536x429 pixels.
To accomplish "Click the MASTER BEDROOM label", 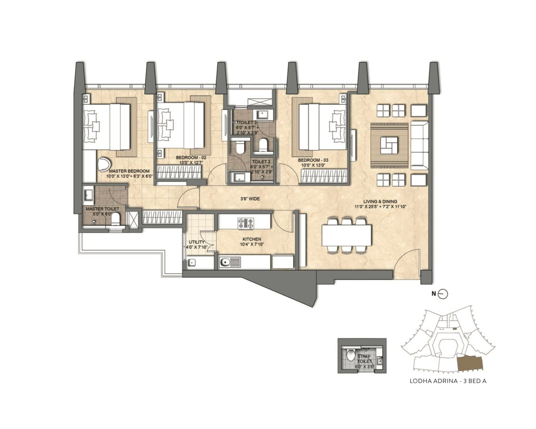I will [129, 171].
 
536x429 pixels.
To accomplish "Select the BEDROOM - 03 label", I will [313, 160].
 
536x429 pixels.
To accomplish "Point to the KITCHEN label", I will [252, 239].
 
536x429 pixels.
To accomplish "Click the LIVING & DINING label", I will [380, 202].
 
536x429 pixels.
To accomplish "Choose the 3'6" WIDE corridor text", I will [250, 199].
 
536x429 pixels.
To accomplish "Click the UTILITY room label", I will [197, 242].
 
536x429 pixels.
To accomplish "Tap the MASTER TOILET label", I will [102, 209].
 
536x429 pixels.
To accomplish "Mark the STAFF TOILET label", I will [364, 359].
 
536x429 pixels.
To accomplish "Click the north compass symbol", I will [443, 294].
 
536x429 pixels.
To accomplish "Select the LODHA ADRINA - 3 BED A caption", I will [448, 381].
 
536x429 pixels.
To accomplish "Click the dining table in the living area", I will [346, 235].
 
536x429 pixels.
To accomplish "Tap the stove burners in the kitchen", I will [246, 223].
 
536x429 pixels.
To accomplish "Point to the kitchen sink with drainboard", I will [230, 262].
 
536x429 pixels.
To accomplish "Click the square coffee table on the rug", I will [389, 145].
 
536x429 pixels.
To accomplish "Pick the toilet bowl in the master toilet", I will [115, 220].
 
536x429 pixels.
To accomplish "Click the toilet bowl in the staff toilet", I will [351, 355].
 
